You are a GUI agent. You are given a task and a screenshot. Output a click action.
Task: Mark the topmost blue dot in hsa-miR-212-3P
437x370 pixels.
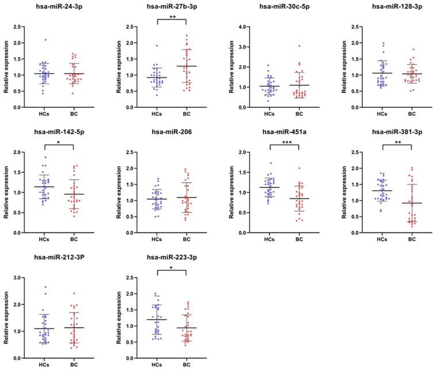click(45, 287)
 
